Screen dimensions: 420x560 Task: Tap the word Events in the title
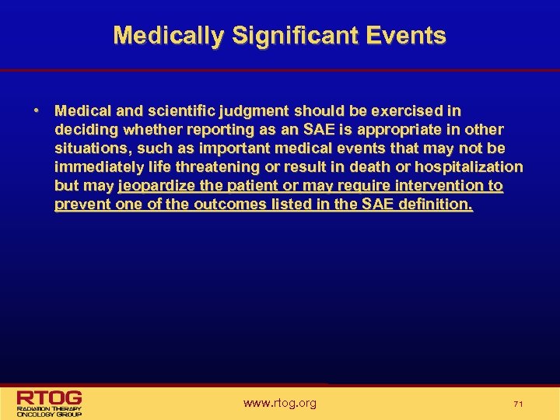tap(408, 36)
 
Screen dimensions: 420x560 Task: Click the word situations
tap(89, 149)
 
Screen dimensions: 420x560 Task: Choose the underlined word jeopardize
tap(157, 187)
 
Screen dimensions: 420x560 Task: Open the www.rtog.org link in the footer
tap(280, 403)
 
